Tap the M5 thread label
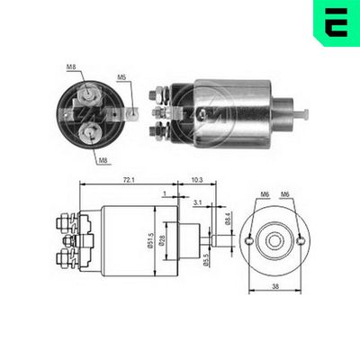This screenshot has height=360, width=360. (121, 77)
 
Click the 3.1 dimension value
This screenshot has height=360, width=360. (196, 203)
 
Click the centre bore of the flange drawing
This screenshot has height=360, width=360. (274, 240)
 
